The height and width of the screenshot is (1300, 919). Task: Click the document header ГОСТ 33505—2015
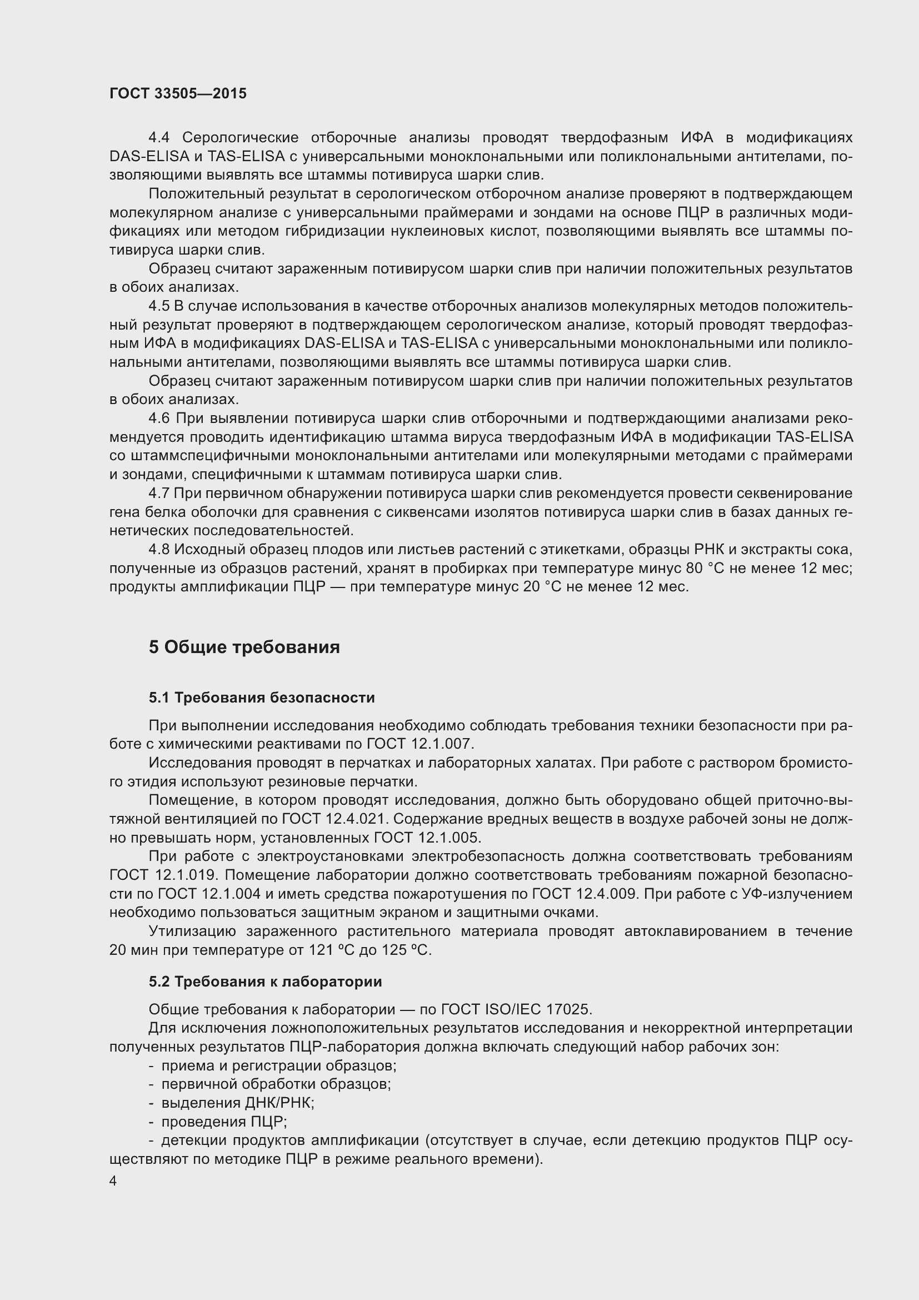(178, 93)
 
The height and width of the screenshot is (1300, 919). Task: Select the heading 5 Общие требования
(244, 647)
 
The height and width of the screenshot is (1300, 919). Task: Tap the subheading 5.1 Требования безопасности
(262, 698)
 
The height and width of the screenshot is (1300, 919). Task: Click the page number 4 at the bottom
(113, 1181)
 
